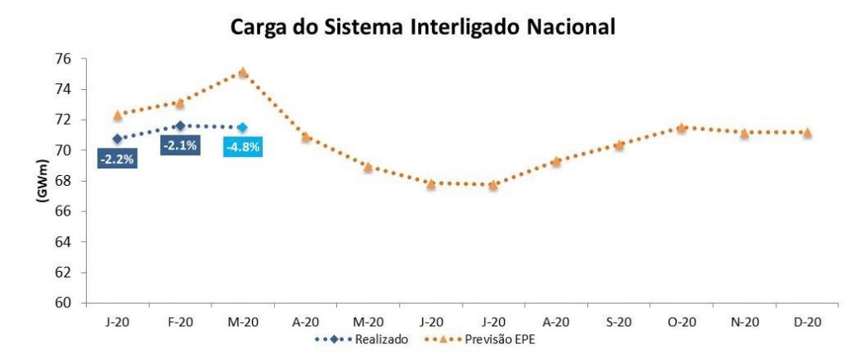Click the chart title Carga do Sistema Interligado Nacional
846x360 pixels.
point(422,26)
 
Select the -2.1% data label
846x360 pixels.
point(179,146)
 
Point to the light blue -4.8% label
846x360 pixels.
point(243,147)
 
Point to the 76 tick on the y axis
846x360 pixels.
point(64,59)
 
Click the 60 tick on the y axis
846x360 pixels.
point(64,303)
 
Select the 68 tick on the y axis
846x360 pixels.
point(64,181)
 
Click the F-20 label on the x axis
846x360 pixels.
point(179,322)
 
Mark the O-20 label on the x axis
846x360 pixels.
point(681,322)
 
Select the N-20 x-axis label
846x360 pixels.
point(744,322)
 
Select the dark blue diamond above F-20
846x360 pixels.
point(179,126)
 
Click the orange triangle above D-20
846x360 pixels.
point(806,132)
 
